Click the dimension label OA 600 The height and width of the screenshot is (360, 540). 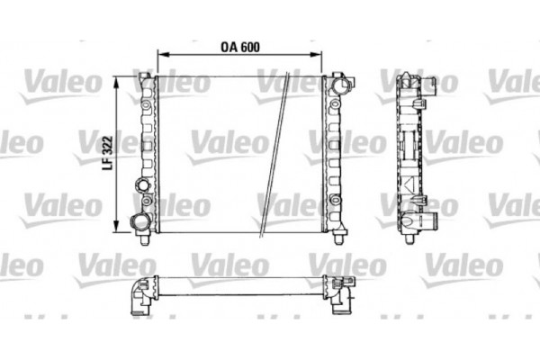239,46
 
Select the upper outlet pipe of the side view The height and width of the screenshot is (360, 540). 429,85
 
